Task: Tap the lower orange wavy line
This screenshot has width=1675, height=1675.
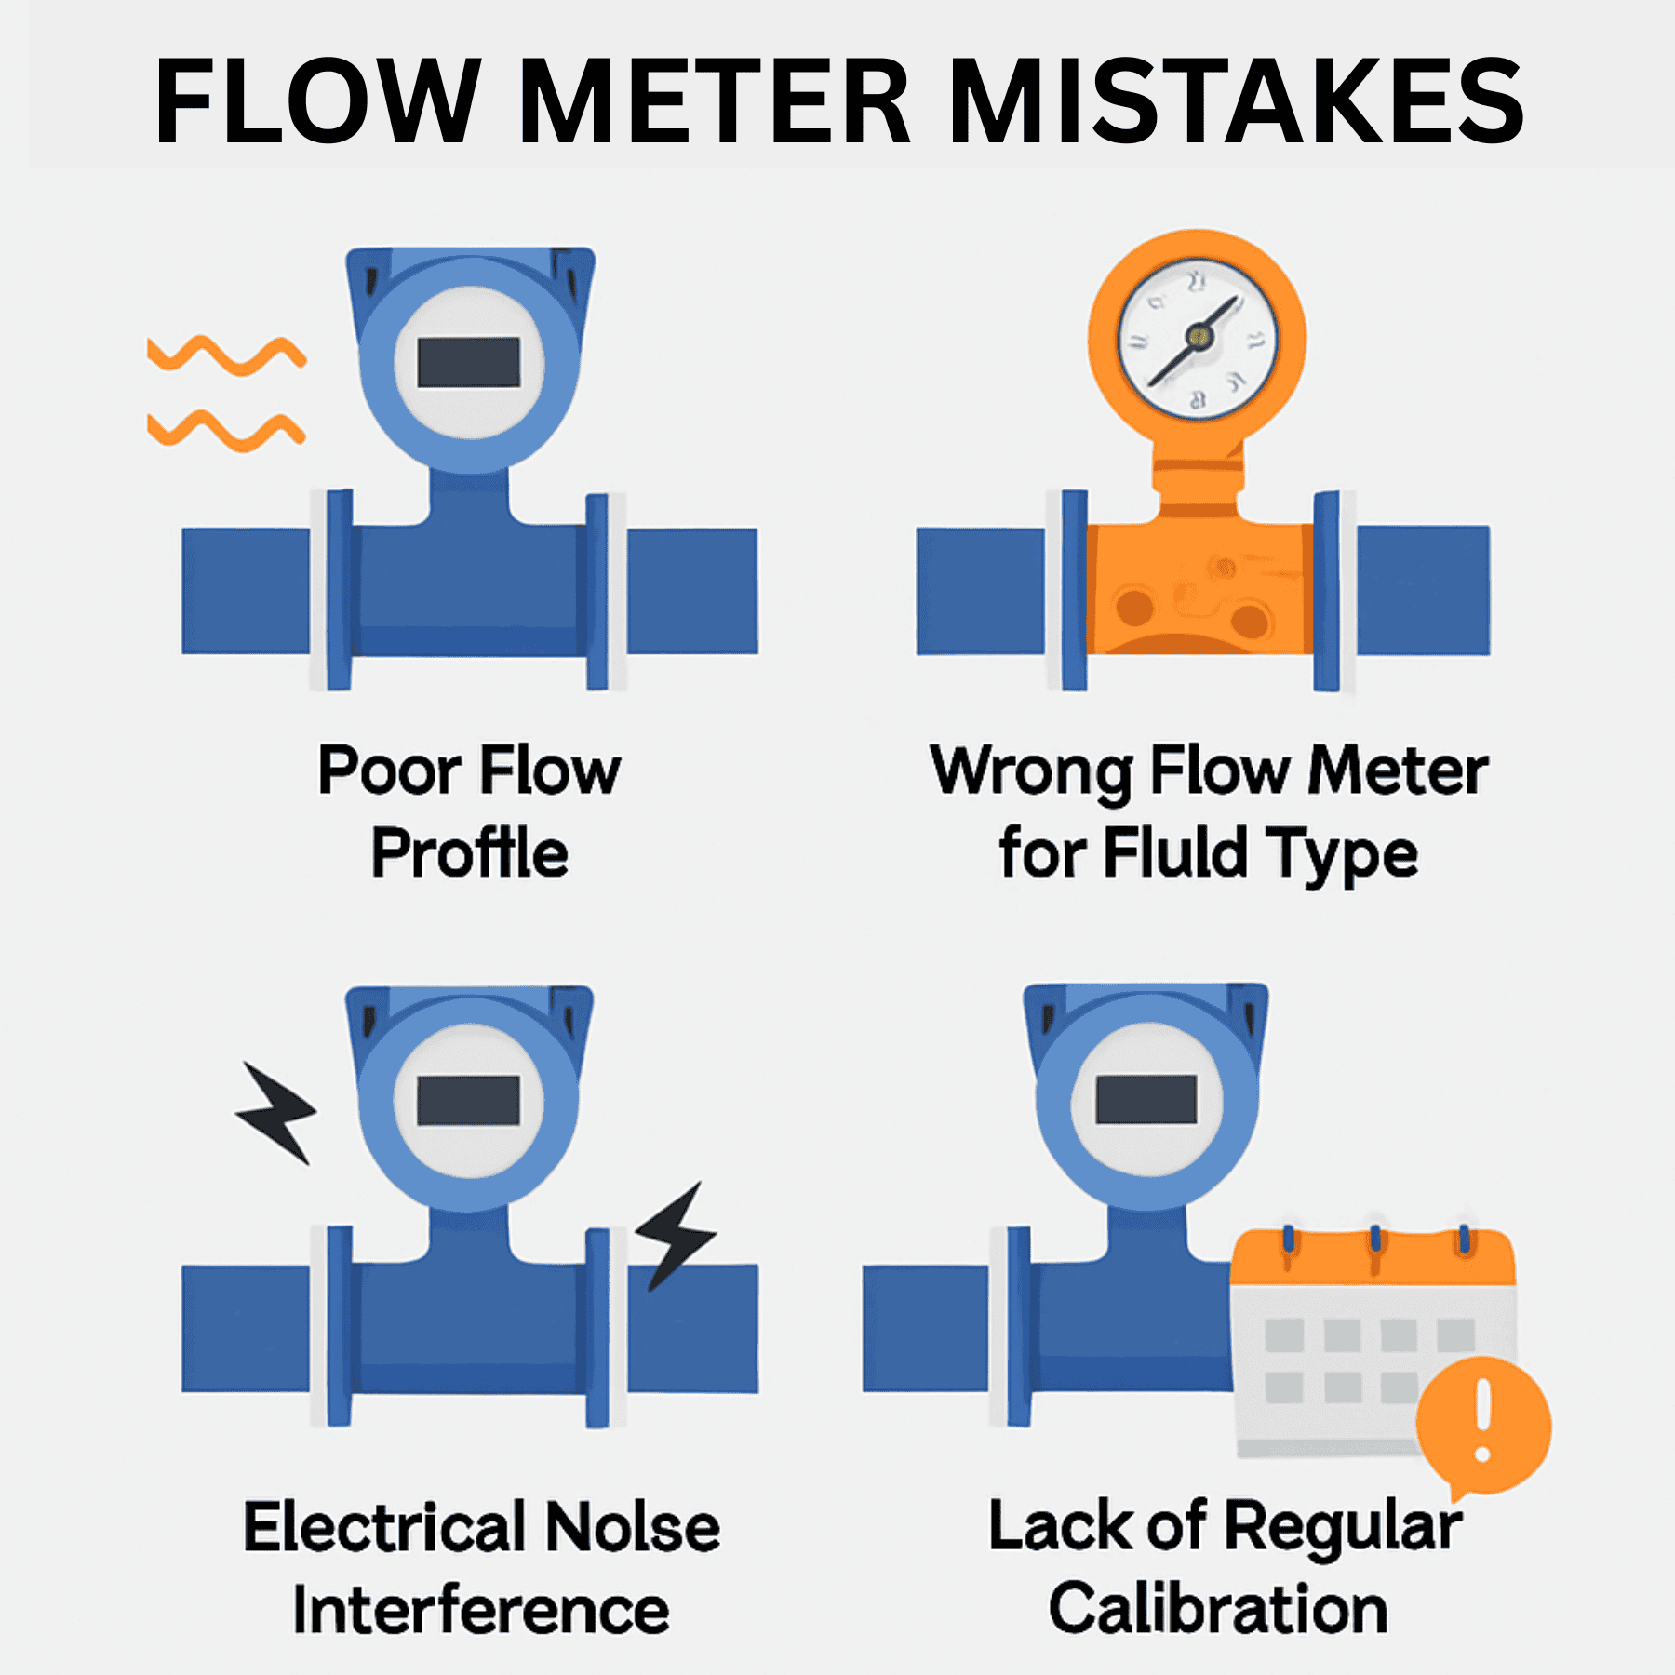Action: (226, 429)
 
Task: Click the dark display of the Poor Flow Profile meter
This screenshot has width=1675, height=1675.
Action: (468, 362)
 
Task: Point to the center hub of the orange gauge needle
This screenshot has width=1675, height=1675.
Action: (1199, 337)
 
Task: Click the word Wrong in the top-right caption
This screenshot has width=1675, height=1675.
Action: (1031, 772)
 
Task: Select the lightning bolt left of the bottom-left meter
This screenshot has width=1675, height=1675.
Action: (277, 1112)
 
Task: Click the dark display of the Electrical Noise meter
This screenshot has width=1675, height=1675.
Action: (468, 1101)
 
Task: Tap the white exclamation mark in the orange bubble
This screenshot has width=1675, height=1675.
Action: (1483, 1419)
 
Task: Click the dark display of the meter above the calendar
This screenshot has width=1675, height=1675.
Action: (1146, 1100)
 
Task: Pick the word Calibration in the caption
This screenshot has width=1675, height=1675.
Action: (1218, 1610)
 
